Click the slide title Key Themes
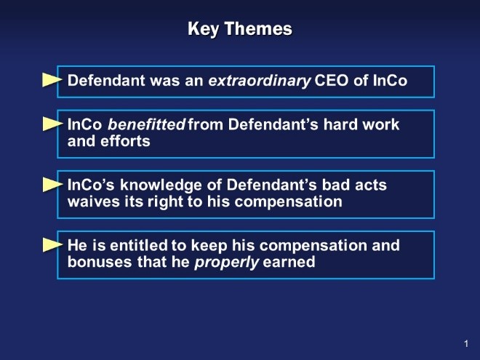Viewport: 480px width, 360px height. (x=240, y=29)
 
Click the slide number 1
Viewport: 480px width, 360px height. (x=466, y=344)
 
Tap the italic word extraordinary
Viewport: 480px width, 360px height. (x=260, y=81)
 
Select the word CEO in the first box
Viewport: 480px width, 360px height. (x=332, y=81)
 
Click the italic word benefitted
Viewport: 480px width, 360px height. (x=146, y=124)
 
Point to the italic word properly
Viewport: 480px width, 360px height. (x=227, y=263)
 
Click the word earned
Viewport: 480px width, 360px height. (x=289, y=262)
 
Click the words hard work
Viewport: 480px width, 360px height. (x=361, y=124)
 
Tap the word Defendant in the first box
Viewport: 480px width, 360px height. (x=106, y=81)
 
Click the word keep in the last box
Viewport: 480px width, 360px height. (x=209, y=246)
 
